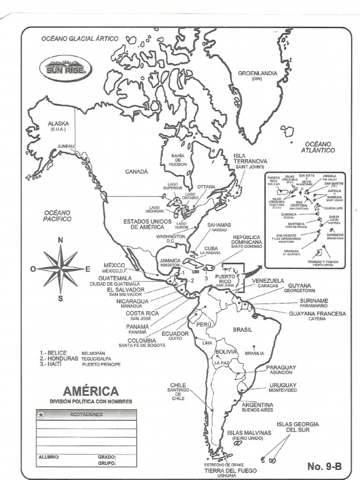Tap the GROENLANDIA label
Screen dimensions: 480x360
coord(257,74)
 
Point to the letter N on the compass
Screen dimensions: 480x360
coord(60,240)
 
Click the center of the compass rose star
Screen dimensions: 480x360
coord(60,269)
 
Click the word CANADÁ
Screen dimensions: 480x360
coord(136,172)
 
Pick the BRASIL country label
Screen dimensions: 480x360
coord(242,330)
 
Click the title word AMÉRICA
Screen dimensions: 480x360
coord(91,391)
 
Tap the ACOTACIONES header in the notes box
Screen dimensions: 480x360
coord(86,414)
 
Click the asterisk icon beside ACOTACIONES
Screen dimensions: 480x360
coord(42,414)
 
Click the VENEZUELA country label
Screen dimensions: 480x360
coord(268,281)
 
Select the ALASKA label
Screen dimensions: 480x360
coord(58,124)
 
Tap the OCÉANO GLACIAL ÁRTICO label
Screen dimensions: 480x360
coord(80,39)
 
